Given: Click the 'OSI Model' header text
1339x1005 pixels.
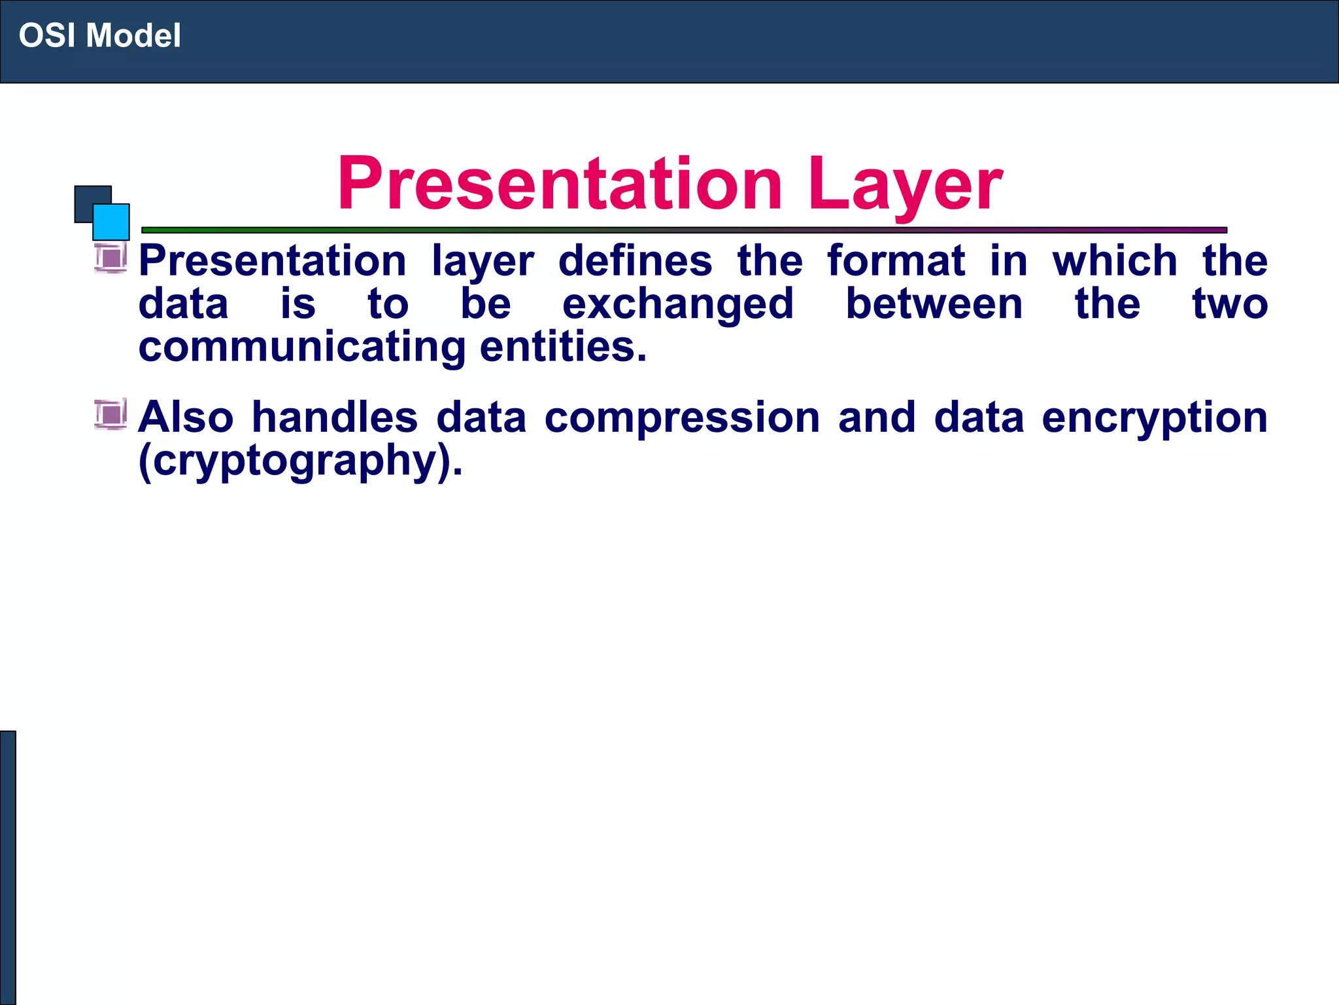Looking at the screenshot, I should coord(99,36).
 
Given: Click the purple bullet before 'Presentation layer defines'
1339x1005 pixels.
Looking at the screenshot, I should coord(110,257).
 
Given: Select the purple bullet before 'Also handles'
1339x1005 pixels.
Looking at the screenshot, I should coord(110,414).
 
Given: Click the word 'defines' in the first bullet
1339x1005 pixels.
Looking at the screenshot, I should coord(635,260).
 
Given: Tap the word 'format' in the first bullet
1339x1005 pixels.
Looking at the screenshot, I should coord(896,260).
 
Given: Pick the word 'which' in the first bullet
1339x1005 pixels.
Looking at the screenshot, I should coord(1115,260).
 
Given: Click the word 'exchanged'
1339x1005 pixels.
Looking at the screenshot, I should coord(678,304).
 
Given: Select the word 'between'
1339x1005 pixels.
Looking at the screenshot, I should coord(934,304).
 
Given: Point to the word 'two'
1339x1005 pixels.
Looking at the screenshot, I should coord(1230,304).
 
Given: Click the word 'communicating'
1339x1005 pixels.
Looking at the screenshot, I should coord(302,347).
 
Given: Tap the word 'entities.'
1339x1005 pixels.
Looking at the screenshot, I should coord(563,347).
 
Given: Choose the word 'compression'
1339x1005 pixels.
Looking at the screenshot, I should coord(682,418).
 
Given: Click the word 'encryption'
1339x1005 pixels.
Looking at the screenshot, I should coord(1155,418).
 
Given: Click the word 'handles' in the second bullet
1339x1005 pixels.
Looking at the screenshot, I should coord(335,417).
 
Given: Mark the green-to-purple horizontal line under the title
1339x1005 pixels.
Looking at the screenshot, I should coord(684,230).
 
